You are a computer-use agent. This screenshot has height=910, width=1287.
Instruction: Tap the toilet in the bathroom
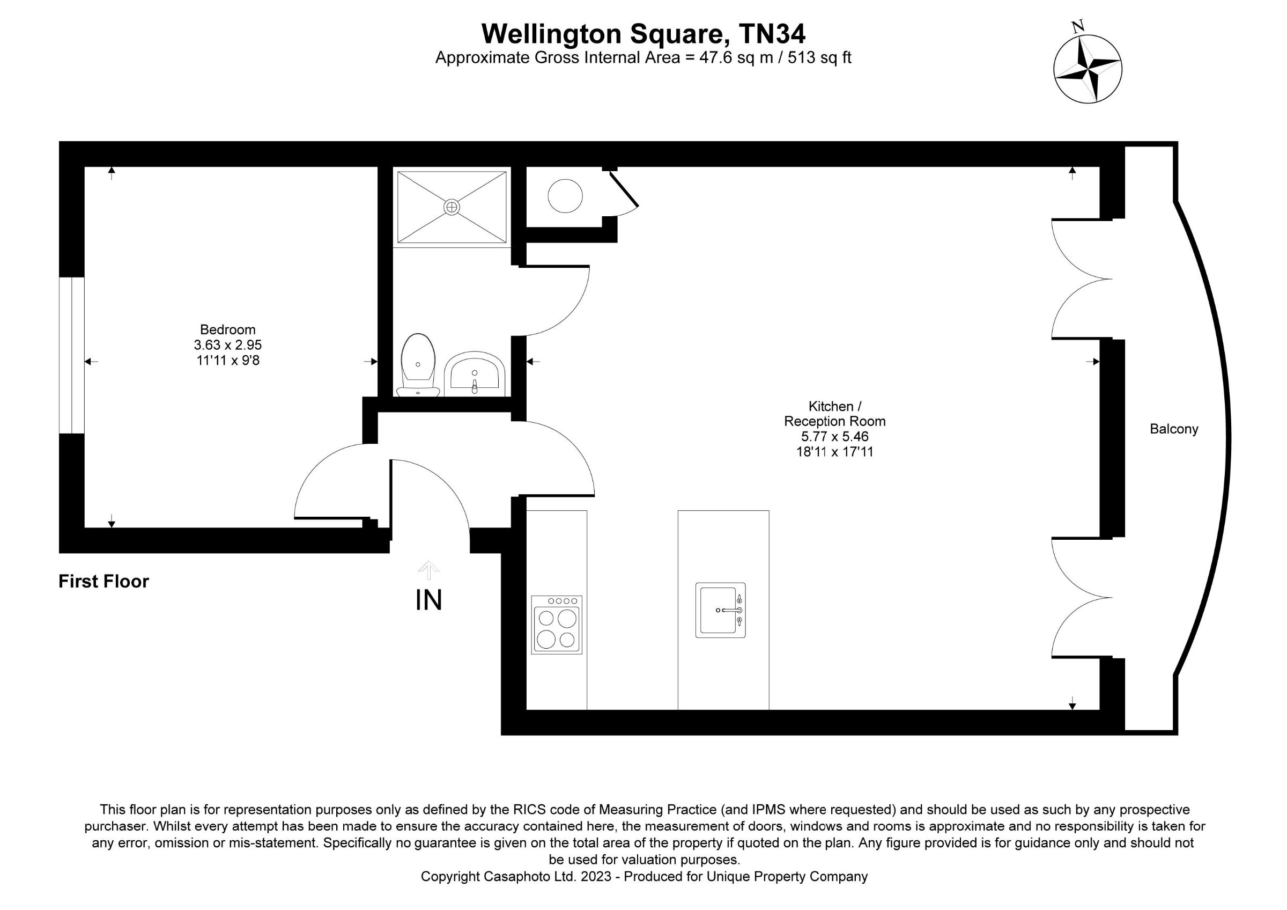pyautogui.click(x=418, y=364)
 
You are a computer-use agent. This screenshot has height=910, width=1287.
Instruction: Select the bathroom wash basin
pyautogui.click(x=474, y=373)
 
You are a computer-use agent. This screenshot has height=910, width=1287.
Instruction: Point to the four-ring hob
pyautogui.click(x=557, y=625)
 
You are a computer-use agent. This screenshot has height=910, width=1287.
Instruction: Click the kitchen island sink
pyautogui.click(x=720, y=610)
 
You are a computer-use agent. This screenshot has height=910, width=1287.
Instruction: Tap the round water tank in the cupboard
pyautogui.click(x=565, y=196)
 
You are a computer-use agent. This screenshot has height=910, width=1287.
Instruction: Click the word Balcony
pyautogui.click(x=1174, y=429)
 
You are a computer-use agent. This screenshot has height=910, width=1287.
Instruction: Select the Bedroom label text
pyautogui.click(x=227, y=329)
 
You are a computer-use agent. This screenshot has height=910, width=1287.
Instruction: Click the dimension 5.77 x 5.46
pyautogui.click(x=834, y=436)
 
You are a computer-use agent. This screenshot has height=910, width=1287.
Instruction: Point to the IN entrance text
pyautogui.click(x=429, y=600)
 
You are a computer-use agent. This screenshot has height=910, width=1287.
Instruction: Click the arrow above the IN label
pyautogui.click(x=429, y=569)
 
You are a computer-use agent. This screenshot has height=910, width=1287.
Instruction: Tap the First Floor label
pyautogui.click(x=103, y=582)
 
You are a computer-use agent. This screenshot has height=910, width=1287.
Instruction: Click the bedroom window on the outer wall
pyautogui.click(x=72, y=355)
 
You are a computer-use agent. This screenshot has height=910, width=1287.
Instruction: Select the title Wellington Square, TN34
pyautogui.click(x=643, y=34)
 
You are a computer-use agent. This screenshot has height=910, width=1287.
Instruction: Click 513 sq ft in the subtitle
pyautogui.click(x=819, y=58)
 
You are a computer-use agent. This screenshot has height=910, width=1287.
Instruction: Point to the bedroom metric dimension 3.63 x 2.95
pyautogui.click(x=227, y=345)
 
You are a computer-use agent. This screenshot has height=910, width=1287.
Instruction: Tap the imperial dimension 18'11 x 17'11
pyautogui.click(x=834, y=451)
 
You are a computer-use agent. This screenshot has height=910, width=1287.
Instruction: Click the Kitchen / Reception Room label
pyautogui.click(x=834, y=414)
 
